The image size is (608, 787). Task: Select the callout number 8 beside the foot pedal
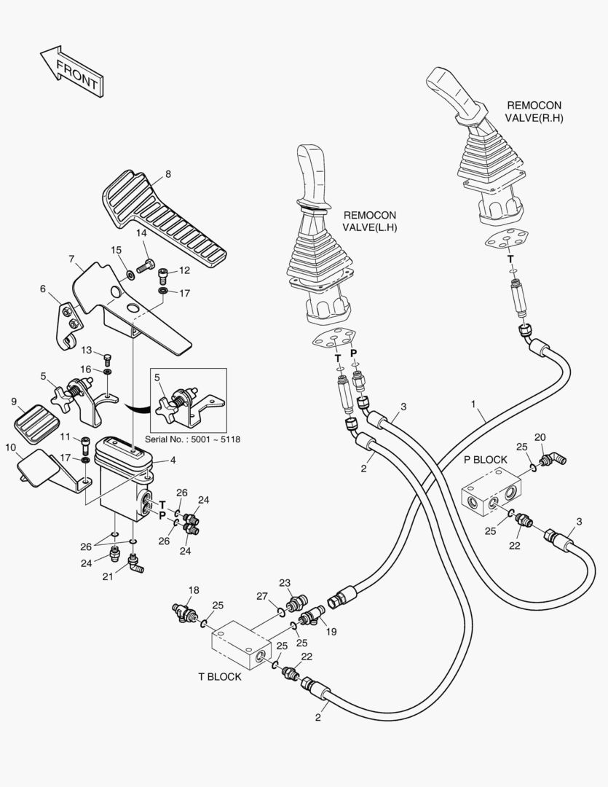pos(168,174)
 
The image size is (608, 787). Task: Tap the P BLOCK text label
pos(485,460)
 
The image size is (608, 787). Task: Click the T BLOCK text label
pos(219,677)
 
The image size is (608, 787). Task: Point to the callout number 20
pos(539,437)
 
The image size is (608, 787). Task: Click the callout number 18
pos(194,590)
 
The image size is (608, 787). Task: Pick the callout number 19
pos(331,632)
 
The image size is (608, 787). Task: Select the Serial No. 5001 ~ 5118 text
pos(192,439)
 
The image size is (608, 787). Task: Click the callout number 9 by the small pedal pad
pos(14,402)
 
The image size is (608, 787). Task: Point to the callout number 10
pos(10,447)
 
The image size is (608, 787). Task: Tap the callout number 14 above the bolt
pos(141,233)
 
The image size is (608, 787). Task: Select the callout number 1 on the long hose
pos(473,403)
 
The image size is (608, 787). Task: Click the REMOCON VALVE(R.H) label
pos(534,111)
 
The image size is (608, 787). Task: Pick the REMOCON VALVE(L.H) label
pos(370,222)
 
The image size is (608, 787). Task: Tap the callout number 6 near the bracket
pos(43,289)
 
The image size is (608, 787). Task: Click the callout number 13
pos(86,351)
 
